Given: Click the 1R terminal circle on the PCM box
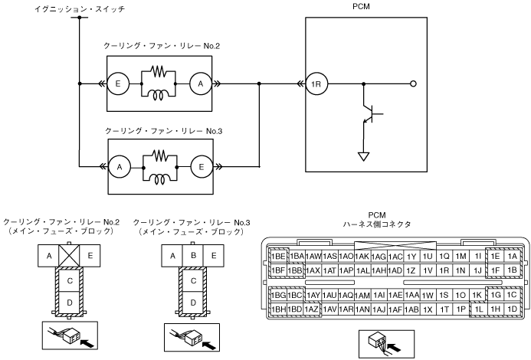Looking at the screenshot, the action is (316, 83).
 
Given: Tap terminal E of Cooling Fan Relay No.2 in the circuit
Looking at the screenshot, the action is (118, 83).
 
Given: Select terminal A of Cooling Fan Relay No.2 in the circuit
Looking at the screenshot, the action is (201, 83).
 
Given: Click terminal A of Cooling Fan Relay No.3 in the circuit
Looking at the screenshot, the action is (120, 167).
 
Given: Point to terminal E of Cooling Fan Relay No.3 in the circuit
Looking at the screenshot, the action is (202, 167).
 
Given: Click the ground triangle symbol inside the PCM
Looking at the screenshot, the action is (364, 157).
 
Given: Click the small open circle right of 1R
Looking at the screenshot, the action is (413, 83).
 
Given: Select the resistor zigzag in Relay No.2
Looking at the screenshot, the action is (159, 71).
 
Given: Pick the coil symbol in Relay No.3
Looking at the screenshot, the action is (160, 180).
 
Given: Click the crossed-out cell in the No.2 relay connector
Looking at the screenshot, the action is (69, 255).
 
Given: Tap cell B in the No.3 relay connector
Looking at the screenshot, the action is (193, 255).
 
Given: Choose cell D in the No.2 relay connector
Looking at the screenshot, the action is (70, 303).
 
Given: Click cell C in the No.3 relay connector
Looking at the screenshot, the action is (193, 281).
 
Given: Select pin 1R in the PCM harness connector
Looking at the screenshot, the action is (444, 270).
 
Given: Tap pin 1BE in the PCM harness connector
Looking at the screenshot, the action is (278, 257).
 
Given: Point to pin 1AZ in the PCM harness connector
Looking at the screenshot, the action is (311, 309).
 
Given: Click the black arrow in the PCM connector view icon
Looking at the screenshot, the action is (394, 348).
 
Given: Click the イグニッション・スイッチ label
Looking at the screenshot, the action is (80, 9).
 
